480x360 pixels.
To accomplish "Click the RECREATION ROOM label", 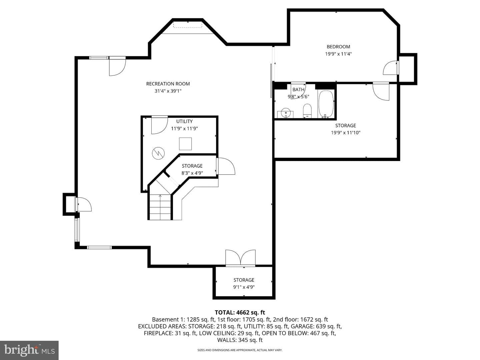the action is [x=168, y=84].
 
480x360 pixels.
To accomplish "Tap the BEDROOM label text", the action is [x=338, y=47].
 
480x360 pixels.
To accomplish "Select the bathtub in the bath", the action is [x=326, y=104].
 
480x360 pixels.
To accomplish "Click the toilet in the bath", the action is [x=307, y=110].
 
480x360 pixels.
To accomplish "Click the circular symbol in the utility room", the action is [x=158, y=153].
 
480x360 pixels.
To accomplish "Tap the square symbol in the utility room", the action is [x=185, y=144].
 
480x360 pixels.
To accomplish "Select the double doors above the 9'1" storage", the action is [x=240, y=258].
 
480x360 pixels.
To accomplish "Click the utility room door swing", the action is [x=160, y=125].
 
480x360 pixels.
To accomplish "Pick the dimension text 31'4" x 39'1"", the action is [x=168, y=91].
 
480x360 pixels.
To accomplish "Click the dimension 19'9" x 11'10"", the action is [x=346, y=132].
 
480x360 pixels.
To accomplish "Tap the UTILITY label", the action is [x=184, y=121].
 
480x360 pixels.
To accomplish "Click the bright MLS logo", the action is [x=29, y=350].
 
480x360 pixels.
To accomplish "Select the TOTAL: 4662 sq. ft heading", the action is [x=240, y=312].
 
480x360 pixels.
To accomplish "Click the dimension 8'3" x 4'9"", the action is [x=192, y=173].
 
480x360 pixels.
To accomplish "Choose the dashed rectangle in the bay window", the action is [x=188, y=24].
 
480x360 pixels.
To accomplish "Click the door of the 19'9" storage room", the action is [x=381, y=91].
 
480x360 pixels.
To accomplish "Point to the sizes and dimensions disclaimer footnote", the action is [x=240, y=350].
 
